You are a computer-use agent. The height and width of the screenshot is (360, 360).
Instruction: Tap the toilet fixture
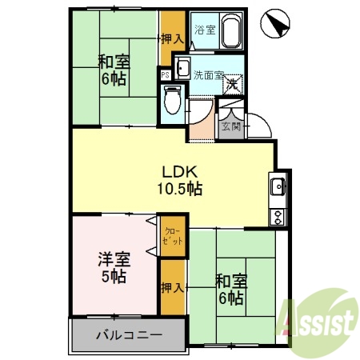coord(170,100)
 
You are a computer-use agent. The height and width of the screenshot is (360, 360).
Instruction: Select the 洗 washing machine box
coord(232,82)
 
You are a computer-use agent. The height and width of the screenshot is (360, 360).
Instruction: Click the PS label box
coord(165,74)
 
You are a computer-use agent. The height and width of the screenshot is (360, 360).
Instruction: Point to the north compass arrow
coord(275,23)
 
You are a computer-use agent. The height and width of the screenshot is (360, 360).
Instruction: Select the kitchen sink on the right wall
coord(278,188)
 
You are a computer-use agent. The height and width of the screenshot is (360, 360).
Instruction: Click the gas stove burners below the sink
coord(278,215)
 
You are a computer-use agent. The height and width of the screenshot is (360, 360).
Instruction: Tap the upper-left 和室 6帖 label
coord(113,70)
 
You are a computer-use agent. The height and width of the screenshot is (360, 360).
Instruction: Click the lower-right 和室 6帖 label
coord(231,289)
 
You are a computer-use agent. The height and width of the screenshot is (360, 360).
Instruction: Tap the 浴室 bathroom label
coord(205,31)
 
